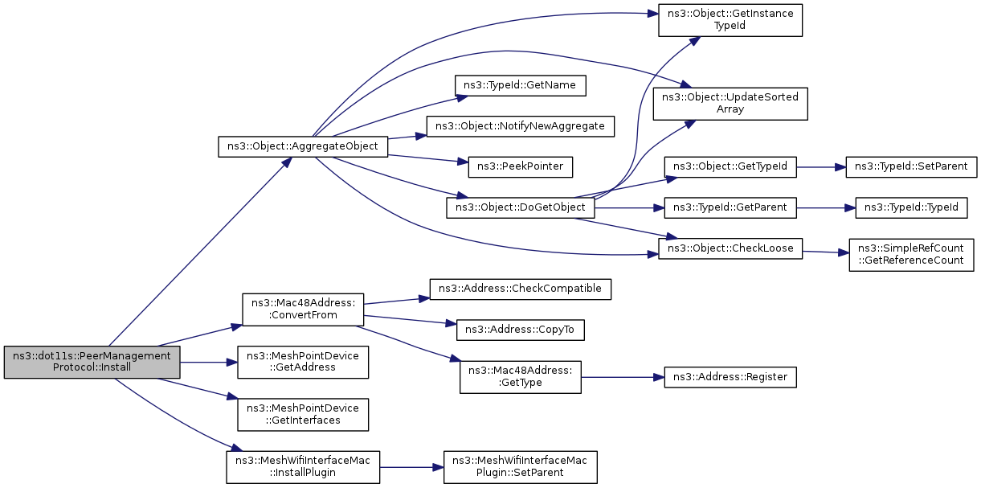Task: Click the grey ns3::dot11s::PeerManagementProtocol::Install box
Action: click(x=92, y=363)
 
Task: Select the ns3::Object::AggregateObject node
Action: click(x=303, y=146)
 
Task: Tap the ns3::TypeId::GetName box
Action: click(x=521, y=85)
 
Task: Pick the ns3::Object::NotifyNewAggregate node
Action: click(x=521, y=126)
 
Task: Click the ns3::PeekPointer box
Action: click(x=521, y=167)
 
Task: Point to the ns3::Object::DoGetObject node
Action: click(x=521, y=207)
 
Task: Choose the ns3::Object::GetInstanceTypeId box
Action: click(x=730, y=20)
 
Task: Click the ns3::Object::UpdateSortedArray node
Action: click(x=730, y=104)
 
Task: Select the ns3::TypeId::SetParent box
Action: click(x=911, y=167)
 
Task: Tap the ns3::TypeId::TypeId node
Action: click(x=911, y=207)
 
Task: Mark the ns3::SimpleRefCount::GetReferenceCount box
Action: click(x=911, y=255)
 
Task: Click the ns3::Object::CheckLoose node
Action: click(x=730, y=248)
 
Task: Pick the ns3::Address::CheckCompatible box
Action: click(x=521, y=289)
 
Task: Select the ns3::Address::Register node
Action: click(x=730, y=377)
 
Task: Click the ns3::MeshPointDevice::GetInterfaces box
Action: click(x=303, y=414)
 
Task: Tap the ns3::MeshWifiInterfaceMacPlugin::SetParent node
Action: click(x=521, y=467)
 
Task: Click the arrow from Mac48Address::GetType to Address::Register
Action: click(x=623, y=377)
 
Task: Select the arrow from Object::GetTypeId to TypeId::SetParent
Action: click(x=821, y=167)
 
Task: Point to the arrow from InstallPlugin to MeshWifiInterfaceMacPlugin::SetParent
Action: click(x=411, y=467)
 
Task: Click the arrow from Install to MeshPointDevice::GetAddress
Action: click(x=208, y=363)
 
